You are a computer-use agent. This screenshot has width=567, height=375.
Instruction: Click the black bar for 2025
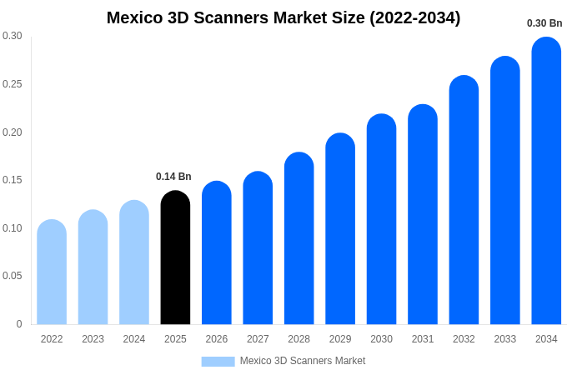click(x=175, y=258)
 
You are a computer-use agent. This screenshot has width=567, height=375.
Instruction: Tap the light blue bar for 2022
click(x=52, y=272)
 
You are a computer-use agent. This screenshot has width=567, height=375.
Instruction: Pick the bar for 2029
click(x=340, y=229)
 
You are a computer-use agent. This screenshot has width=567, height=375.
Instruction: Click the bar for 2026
click(x=217, y=253)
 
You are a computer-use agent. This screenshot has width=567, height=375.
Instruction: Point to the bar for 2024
click(x=134, y=263)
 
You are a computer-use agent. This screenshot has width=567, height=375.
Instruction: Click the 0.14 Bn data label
click(x=173, y=177)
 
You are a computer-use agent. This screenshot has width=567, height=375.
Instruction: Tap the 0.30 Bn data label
click(x=544, y=23)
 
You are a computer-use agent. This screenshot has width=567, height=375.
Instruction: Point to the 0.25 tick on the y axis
click(x=13, y=84)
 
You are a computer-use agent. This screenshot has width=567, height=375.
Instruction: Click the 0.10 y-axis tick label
click(x=13, y=228)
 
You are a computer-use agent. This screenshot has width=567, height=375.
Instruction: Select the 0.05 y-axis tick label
click(x=13, y=276)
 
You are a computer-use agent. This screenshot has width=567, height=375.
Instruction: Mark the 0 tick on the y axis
click(x=19, y=324)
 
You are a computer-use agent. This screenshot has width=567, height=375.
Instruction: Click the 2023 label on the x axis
click(x=93, y=339)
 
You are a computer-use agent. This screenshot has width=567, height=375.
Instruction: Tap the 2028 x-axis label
click(x=299, y=339)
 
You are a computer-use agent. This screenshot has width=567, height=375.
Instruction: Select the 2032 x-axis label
click(x=464, y=339)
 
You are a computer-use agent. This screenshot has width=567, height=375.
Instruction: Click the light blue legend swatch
click(x=218, y=362)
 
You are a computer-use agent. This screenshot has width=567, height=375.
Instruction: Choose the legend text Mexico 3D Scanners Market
click(x=303, y=361)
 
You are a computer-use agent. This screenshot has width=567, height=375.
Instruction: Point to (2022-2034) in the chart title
click(x=415, y=17)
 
